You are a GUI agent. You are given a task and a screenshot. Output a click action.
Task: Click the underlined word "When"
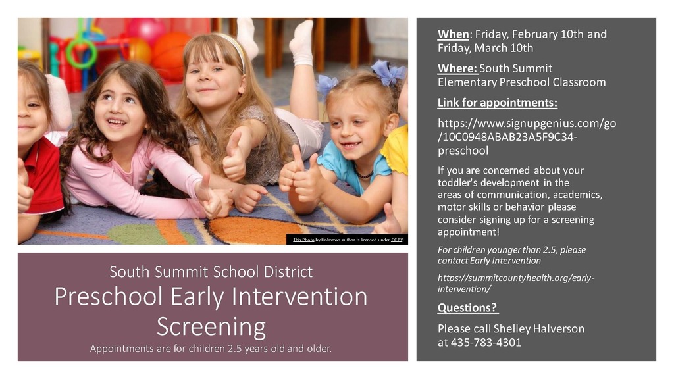click(453, 34)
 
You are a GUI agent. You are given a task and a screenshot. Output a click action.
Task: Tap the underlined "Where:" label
click(457, 68)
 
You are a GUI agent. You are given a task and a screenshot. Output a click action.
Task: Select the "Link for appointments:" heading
click(498, 103)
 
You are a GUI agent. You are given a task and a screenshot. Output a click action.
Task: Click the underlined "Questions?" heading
click(468, 308)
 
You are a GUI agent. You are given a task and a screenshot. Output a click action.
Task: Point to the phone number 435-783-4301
click(486, 342)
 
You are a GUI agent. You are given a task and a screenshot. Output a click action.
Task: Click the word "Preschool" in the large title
click(109, 297)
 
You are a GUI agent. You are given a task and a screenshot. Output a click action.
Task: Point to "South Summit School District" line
click(211, 272)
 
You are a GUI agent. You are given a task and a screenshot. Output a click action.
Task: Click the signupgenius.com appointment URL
click(527, 137)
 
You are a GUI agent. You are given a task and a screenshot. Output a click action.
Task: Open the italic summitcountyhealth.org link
click(516, 283)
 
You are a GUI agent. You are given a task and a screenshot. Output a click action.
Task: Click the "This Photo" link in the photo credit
click(303, 240)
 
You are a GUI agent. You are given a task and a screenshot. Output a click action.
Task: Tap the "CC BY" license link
click(397, 240)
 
